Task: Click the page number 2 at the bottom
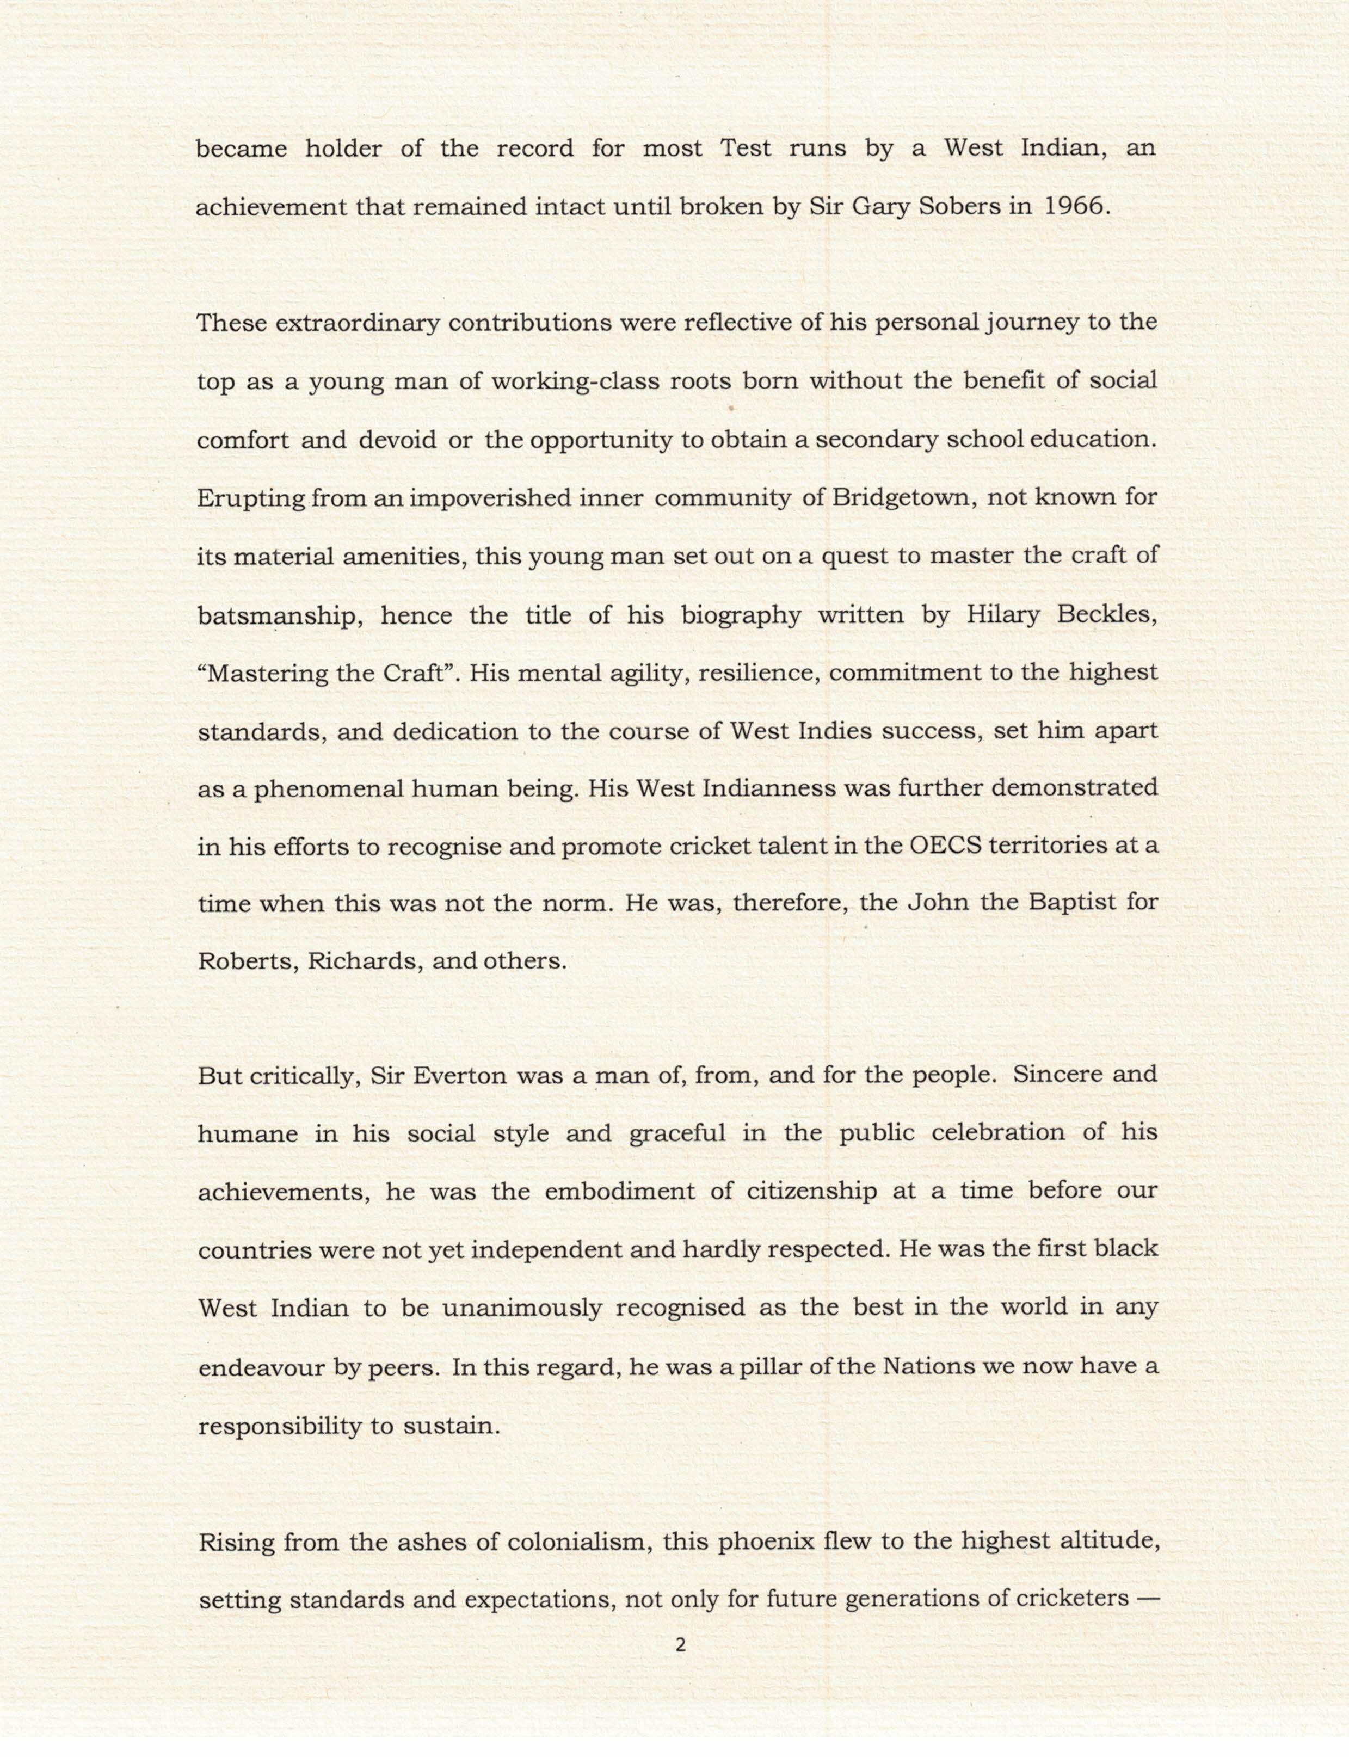point(681,1644)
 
